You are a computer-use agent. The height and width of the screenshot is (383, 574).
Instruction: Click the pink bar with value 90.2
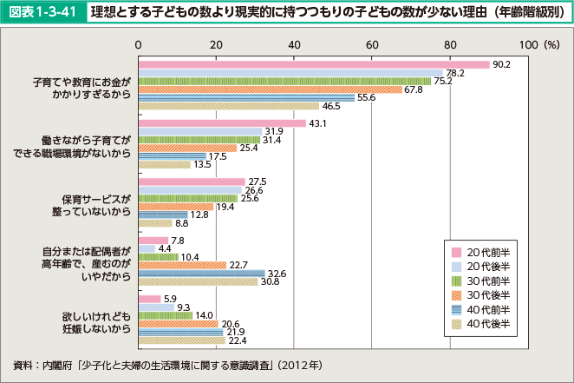pyautogui.click(x=312, y=63)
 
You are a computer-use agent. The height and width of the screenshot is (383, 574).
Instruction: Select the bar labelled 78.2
pyautogui.click(x=290, y=72)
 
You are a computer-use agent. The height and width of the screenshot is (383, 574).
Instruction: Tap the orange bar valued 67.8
pyautogui.click(x=270, y=89)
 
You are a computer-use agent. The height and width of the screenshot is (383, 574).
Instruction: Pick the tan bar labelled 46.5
pyautogui.click(x=229, y=106)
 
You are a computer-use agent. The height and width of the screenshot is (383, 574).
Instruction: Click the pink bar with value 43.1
pyautogui.click(x=222, y=122)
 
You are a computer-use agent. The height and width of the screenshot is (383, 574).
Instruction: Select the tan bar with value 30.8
pyautogui.click(x=199, y=281)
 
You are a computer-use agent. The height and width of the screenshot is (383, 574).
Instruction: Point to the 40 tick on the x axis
pyautogui.click(x=294, y=43)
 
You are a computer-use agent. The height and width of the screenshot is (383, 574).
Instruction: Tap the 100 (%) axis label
pyautogui.click(x=539, y=43)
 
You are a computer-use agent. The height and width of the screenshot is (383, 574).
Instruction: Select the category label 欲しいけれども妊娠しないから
pyautogui.click(x=96, y=323)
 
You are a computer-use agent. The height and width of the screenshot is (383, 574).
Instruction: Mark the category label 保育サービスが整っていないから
pyautogui.click(x=96, y=205)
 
